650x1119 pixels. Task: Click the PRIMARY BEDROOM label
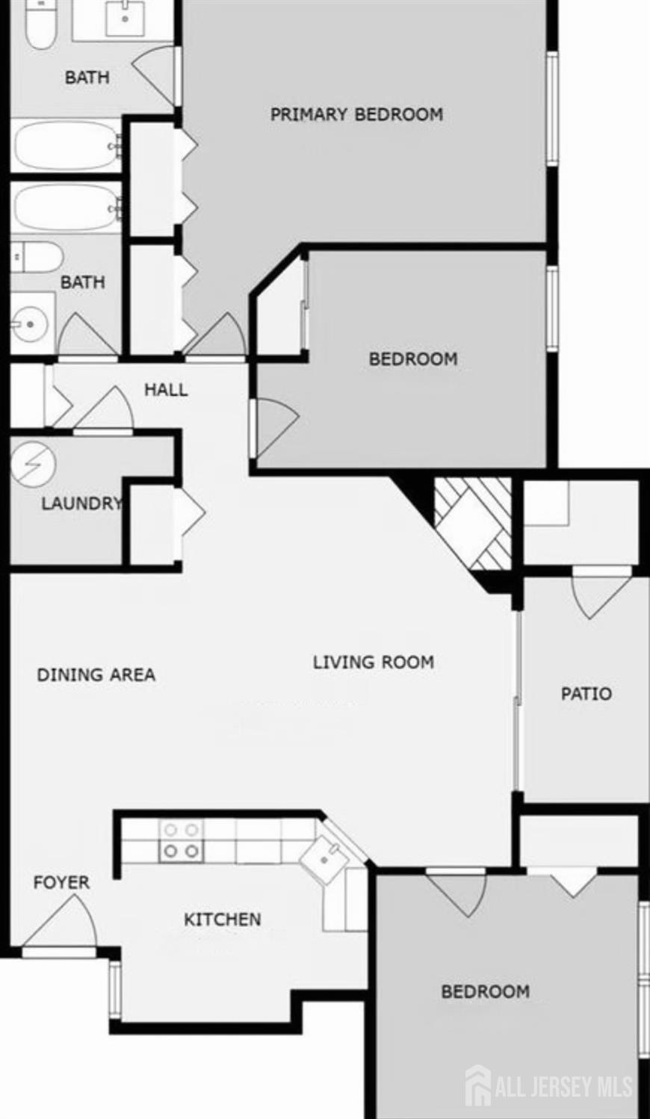click(x=356, y=114)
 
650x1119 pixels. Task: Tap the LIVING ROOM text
click(x=374, y=663)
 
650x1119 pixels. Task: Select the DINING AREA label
click(x=96, y=675)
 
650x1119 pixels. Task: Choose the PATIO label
click(x=586, y=694)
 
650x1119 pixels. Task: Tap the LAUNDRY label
click(x=81, y=503)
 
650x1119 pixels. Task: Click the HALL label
click(x=166, y=390)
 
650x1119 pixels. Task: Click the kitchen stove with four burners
click(x=181, y=840)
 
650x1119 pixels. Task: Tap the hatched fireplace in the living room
click(x=473, y=524)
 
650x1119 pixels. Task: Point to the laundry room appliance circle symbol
click(x=33, y=464)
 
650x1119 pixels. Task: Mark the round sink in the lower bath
click(x=30, y=324)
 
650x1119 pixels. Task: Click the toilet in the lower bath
click(x=37, y=257)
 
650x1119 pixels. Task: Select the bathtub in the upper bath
click(x=66, y=147)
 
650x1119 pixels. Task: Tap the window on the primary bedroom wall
click(x=552, y=108)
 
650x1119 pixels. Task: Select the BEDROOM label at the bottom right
click(x=485, y=991)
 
